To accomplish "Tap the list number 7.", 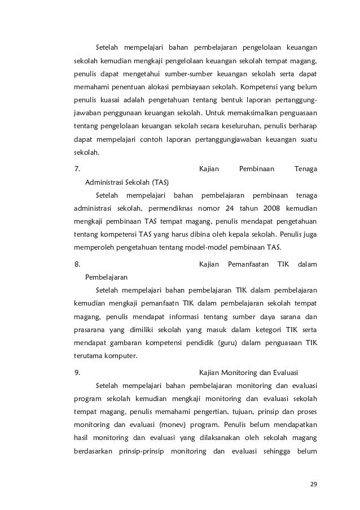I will [x=78, y=168].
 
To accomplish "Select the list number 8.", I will [x=78, y=264].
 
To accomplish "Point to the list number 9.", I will [x=78, y=373].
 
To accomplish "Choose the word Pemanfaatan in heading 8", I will [x=248, y=264].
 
